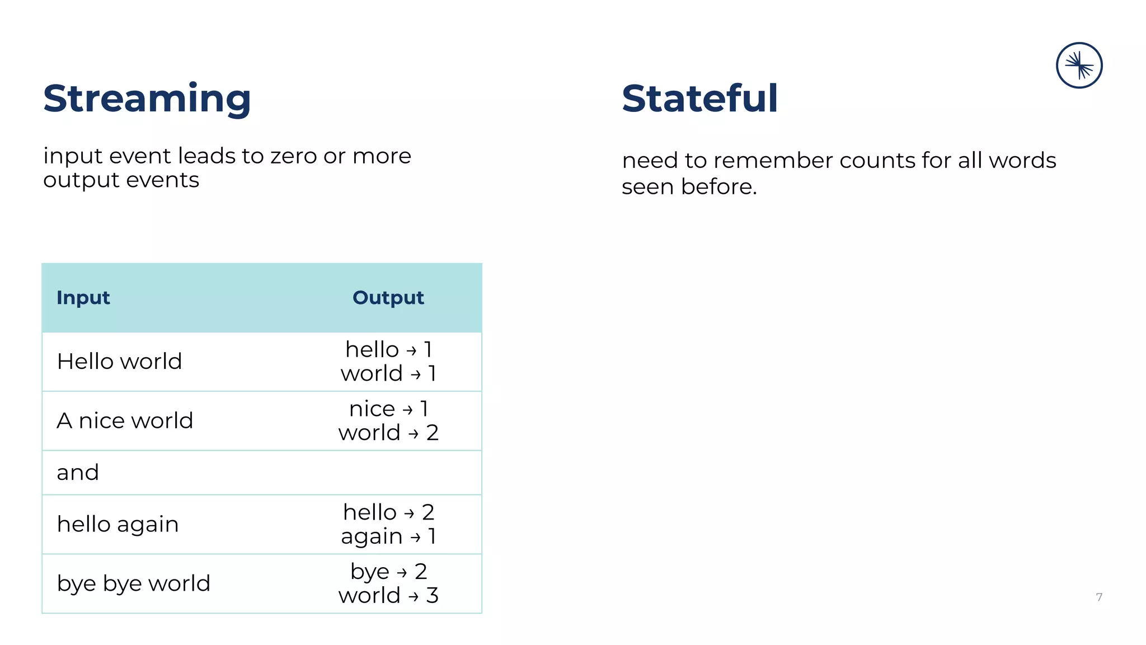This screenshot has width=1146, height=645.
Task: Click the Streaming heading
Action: tap(147, 99)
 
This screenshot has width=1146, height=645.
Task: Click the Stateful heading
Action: tap(699, 99)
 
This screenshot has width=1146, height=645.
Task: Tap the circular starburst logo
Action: tap(1079, 66)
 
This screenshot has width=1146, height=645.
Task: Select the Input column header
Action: tap(83, 298)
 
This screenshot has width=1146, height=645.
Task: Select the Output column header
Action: tap(388, 298)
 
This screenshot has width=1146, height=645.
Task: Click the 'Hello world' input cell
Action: tap(120, 362)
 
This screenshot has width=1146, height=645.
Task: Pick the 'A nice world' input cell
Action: tap(125, 420)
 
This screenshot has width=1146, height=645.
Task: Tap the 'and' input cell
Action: tap(78, 473)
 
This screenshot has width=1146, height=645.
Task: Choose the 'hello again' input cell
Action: tap(118, 525)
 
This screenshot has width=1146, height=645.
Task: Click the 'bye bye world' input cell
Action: tap(134, 583)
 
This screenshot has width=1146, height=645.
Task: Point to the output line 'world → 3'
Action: tap(388, 596)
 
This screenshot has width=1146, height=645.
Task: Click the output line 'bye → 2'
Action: tap(388, 572)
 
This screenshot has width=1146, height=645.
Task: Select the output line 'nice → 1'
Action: tap(388, 409)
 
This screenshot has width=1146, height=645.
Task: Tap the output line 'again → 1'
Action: tap(388, 536)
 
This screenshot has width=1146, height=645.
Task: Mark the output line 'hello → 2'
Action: tap(388, 512)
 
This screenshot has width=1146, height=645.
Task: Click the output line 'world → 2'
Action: tap(388, 433)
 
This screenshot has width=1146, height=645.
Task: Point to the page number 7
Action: tap(1099, 597)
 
